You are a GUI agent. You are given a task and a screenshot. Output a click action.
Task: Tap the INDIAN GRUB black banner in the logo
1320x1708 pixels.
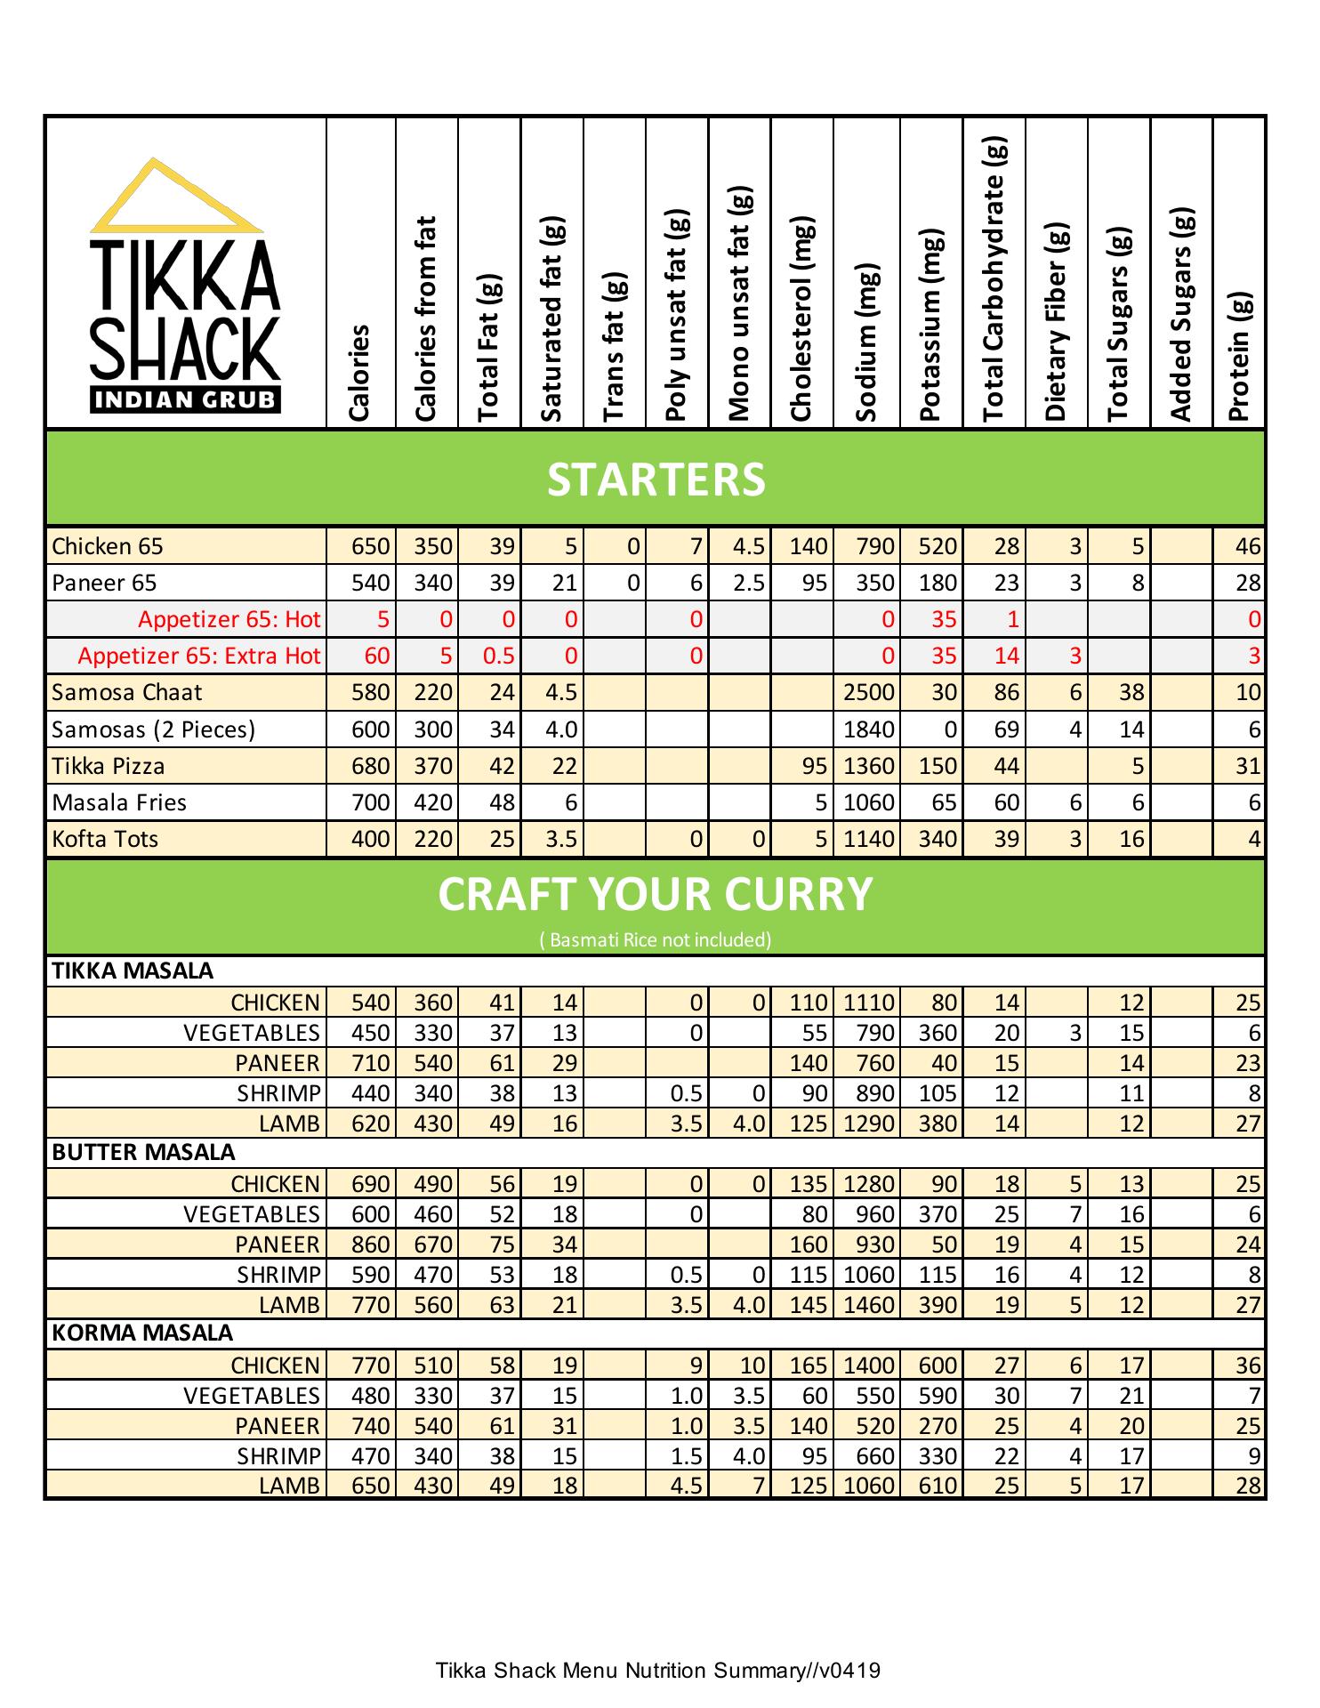tap(185, 399)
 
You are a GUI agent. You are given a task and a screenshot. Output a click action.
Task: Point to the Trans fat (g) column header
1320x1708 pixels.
tap(616, 347)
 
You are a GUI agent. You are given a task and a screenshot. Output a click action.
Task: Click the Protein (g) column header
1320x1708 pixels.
tap(1239, 356)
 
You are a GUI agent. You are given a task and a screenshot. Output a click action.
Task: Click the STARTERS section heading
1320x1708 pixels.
tap(656, 479)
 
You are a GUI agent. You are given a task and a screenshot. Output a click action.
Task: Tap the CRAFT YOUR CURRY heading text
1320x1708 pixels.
tap(656, 894)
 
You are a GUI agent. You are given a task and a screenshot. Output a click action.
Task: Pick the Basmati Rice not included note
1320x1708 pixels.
tap(656, 939)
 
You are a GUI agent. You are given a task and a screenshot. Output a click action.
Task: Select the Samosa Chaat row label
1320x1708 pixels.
tap(127, 692)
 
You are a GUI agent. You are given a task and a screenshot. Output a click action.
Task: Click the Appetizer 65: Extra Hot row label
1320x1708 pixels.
tap(198, 656)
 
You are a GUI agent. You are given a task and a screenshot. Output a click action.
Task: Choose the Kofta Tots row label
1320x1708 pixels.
tap(105, 839)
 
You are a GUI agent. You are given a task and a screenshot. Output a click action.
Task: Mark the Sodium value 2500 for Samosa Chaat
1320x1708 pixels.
tap(868, 692)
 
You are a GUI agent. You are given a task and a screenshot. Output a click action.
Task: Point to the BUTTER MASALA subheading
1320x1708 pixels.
tap(143, 1152)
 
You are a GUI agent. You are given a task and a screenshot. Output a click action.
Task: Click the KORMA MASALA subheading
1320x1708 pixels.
tap(142, 1333)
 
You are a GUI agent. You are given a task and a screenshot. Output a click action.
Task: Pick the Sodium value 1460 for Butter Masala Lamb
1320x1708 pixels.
tap(868, 1304)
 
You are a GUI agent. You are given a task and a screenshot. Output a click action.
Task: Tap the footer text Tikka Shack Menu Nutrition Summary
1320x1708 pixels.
tap(658, 1670)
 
